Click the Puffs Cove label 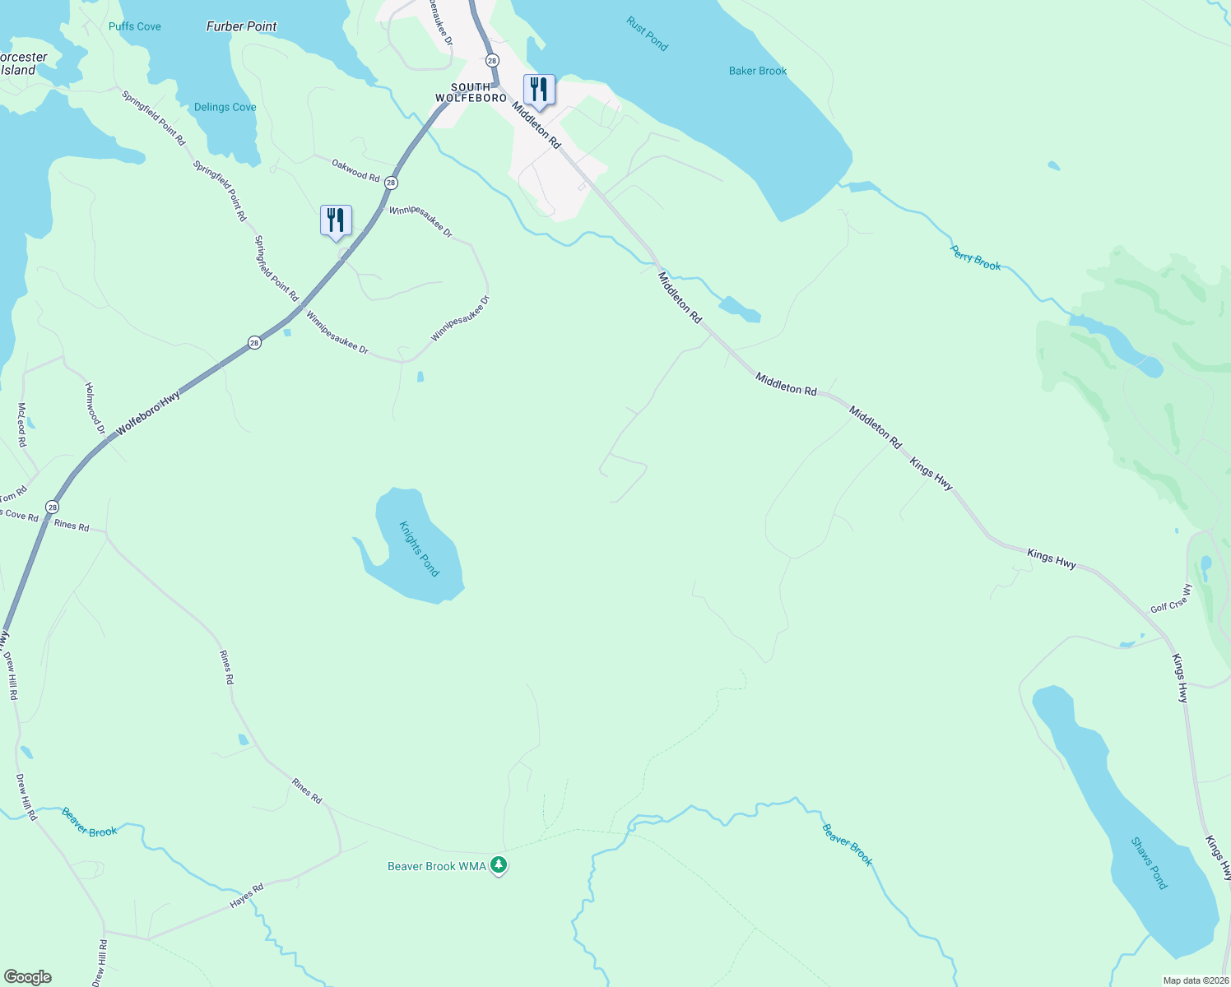pos(135,26)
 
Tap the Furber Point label pos(241,26)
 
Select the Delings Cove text pos(225,107)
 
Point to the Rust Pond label pos(648,35)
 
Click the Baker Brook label pos(758,71)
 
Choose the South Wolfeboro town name pos(471,92)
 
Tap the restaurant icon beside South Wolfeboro pos(539,89)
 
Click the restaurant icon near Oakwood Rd pos(336,220)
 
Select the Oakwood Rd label pos(355,170)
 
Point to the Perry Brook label pos(976,257)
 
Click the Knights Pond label pos(420,549)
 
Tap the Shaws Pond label pos(1149,863)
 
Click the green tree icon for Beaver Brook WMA pos(498,865)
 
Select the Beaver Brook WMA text pos(437,866)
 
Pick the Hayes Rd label pos(246,896)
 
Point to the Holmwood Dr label pos(95,407)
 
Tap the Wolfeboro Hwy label pos(148,414)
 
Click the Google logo pos(27,977)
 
